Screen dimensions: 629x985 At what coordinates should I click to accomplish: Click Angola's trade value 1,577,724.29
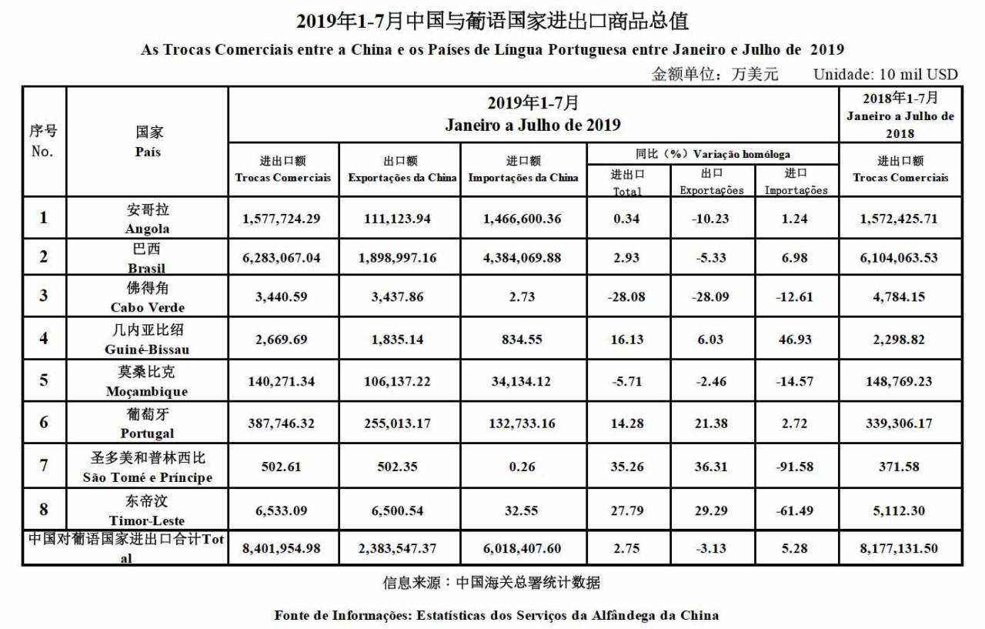point(281,219)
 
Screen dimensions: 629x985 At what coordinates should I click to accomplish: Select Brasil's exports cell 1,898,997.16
point(397,258)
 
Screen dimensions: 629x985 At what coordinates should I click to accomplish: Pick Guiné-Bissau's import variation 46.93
point(793,340)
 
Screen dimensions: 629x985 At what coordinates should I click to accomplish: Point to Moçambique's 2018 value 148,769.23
point(900,381)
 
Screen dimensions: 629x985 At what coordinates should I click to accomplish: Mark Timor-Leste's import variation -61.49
point(793,510)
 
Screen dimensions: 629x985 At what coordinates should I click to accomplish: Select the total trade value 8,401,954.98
point(281,549)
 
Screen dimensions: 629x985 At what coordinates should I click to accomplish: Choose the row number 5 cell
point(44,380)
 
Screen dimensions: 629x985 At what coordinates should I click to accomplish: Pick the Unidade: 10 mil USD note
point(885,74)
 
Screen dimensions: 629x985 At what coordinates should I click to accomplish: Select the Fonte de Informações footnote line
point(496,615)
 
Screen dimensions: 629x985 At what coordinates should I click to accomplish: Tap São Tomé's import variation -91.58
point(793,467)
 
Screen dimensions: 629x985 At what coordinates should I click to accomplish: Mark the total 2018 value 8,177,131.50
point(900,549)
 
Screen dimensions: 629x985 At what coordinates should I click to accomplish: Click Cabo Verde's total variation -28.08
point(627,297)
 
